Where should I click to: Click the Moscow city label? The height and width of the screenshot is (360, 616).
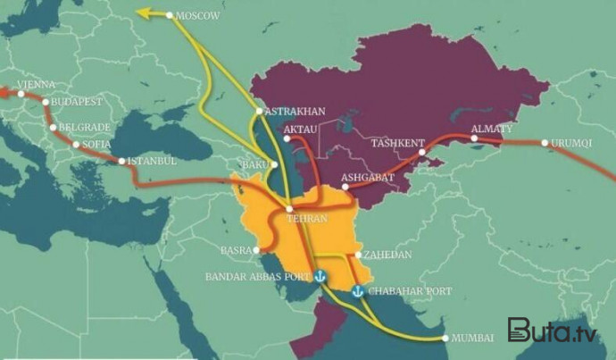198,15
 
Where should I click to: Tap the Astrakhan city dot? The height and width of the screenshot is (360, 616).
258,112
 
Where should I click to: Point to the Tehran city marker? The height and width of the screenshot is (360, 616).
288,208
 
